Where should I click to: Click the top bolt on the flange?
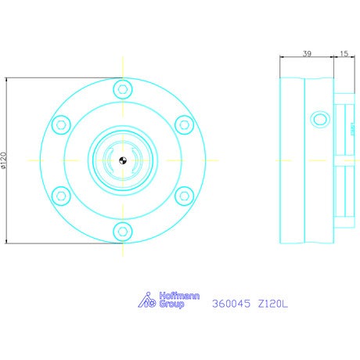(x=123, y=89)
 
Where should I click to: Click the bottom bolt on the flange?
(x=123, y=232)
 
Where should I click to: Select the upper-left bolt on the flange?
(x=61, y=125)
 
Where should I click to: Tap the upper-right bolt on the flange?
(x=184, y=125)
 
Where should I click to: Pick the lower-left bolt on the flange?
(x=61, y=196)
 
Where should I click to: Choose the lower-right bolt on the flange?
(x=184, y=196)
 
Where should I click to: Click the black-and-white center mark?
(x=123, y=160)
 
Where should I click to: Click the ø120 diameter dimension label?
(x=3, y=160)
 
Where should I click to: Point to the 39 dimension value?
(x=307, y=53)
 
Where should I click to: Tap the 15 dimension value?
(x=344, y=53)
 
